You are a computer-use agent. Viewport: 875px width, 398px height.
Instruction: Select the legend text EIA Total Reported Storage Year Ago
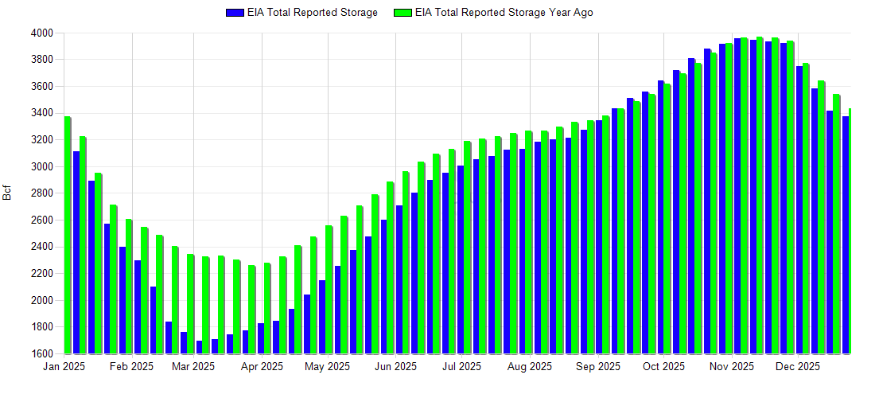(504, 13)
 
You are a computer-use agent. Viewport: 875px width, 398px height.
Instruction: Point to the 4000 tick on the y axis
(42, 33)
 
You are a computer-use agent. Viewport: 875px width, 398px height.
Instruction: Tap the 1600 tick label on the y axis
(42, 353)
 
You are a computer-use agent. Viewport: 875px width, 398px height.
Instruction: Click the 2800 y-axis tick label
(42, 193)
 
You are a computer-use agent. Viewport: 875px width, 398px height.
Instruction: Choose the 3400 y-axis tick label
(42, 113)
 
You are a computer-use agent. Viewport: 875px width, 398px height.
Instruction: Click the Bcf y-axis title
(8, 193)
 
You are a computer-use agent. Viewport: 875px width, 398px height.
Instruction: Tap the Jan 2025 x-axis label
(64, 367)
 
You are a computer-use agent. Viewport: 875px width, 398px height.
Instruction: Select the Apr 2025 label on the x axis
(262, 367)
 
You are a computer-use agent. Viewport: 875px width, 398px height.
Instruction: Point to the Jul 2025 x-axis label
(461, 367)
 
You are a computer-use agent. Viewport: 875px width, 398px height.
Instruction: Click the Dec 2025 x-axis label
(798, 367)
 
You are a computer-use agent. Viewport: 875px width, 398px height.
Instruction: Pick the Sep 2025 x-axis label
(598, 367)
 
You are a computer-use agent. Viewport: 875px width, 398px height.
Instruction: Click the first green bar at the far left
(68, 235)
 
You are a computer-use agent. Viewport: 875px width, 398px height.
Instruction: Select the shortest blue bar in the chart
(199, 347)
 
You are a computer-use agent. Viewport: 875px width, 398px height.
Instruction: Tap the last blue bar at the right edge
(846, 235)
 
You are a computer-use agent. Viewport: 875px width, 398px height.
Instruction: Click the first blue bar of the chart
(76, 252)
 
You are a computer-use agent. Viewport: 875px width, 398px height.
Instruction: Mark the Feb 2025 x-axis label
(132, 367)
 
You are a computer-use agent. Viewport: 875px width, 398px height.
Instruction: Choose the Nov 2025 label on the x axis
(732, 367)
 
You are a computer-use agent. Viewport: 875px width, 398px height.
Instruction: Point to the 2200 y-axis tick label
(42, 273)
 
